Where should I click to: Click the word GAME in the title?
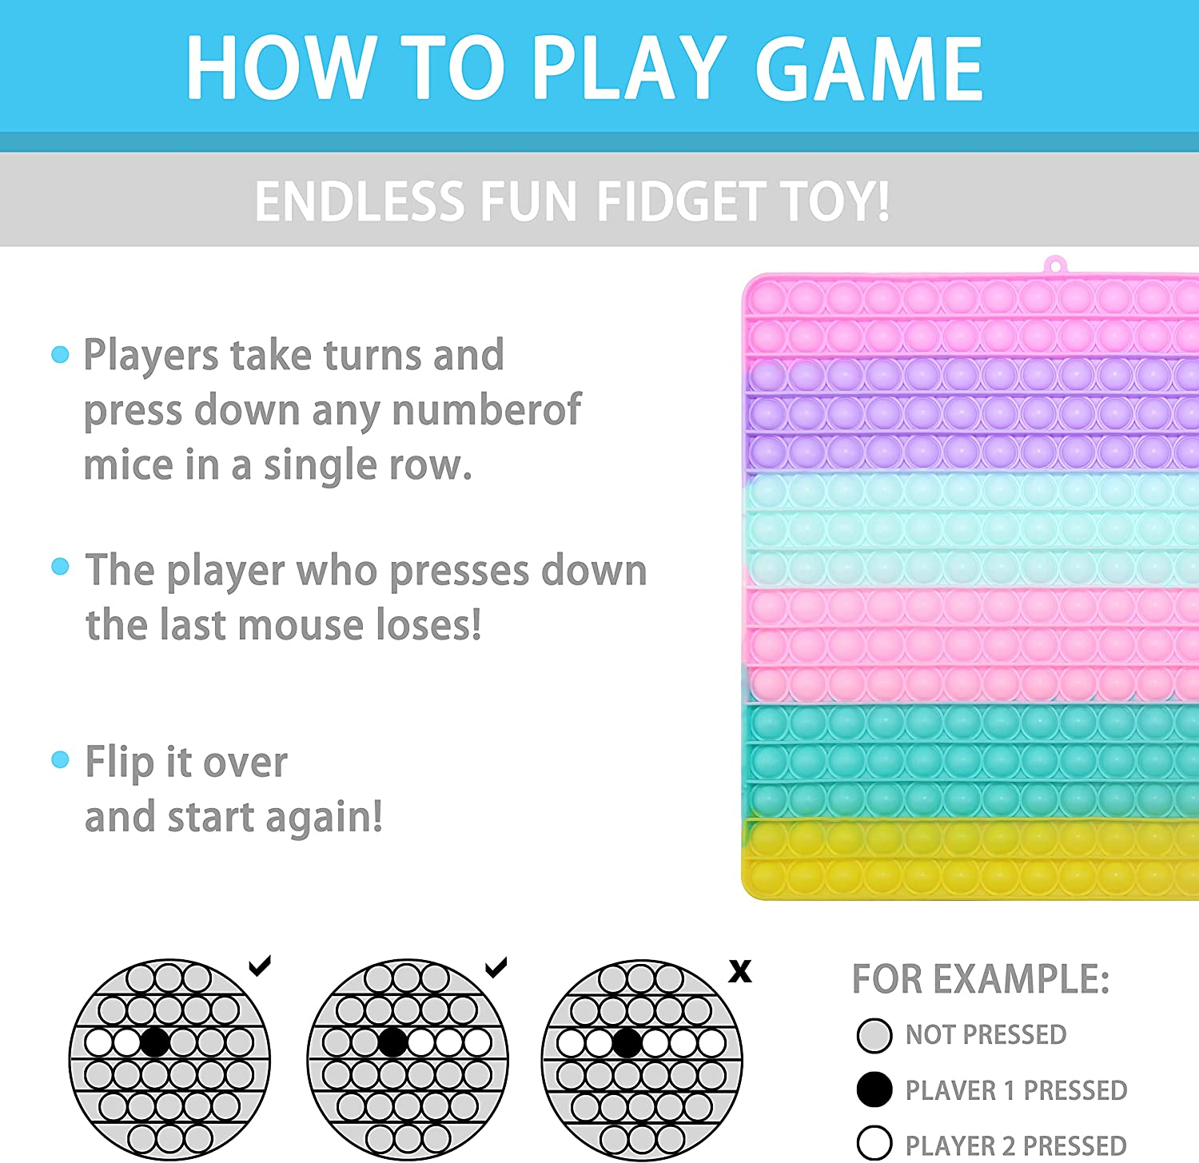870,69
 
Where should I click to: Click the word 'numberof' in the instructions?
486,410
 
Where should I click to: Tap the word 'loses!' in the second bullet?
428,624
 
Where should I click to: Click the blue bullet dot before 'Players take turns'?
60,354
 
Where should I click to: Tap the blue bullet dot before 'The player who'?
60,567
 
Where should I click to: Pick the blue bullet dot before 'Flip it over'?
60,759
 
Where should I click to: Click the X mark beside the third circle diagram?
740,971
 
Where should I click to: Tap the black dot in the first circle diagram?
154,1042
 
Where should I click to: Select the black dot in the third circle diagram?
627,1043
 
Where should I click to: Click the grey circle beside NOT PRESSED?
874,1035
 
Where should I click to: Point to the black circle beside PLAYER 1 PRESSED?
874,1090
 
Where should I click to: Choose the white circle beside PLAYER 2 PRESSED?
874,1144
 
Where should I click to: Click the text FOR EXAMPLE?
981,979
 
